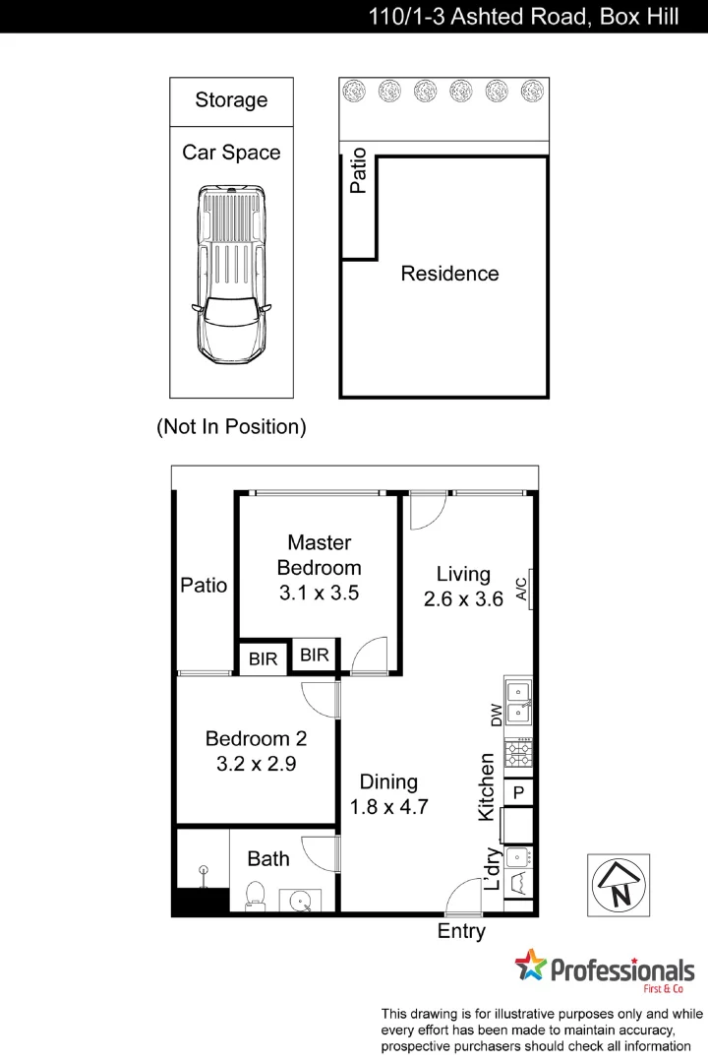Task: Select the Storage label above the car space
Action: click(x=231, y=100)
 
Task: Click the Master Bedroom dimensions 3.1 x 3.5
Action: click(x=319, y=594)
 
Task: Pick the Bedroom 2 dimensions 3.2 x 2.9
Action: click(x=256, y=763)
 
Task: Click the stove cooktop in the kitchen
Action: click(x=518, y=754)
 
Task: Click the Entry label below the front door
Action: click(x=461, y=931)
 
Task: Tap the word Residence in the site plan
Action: click(x=449, y=274)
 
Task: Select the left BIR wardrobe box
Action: click(x=263, y=658)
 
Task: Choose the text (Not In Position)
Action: click(x=231, y=427)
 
